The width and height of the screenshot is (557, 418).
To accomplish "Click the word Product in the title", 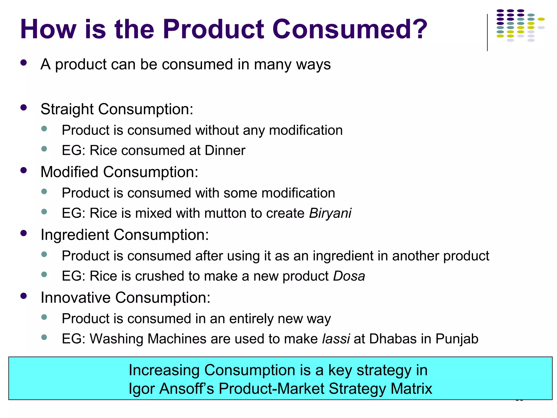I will tap(213, 29).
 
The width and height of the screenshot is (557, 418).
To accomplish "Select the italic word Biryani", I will tap(330, 213).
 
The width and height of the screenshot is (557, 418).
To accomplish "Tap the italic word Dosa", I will tap(349, 276).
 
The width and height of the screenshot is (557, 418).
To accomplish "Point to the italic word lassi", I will tap(336, 339).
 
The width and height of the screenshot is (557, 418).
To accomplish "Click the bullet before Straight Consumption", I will tap(24, 107).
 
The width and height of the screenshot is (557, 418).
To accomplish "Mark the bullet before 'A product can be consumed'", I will tap(24, 63).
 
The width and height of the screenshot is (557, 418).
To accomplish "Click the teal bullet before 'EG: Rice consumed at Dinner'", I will tap(44, 149).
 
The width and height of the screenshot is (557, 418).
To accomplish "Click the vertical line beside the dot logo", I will tap(487, 32).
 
